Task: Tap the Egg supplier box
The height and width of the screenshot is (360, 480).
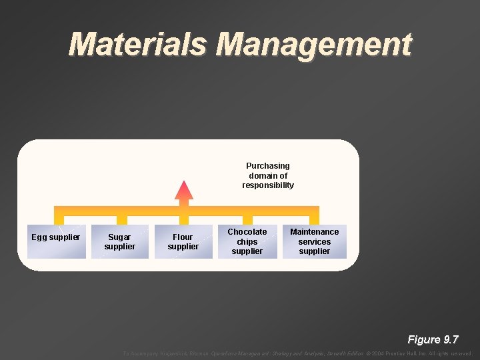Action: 56,241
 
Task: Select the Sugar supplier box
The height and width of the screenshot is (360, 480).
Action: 120,241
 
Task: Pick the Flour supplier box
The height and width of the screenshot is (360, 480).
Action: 183,241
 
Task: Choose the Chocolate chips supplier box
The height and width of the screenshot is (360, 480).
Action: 247,241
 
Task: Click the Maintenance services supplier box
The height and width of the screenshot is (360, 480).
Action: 314,241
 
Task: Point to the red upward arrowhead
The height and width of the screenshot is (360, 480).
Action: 184,190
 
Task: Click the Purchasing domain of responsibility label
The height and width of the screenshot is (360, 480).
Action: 268,175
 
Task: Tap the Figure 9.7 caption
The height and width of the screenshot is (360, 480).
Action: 433,339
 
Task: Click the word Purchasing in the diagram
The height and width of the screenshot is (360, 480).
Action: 268,166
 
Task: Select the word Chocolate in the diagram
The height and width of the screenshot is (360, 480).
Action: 247,232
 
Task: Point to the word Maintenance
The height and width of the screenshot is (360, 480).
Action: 314,232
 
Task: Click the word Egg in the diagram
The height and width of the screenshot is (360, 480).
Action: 39,237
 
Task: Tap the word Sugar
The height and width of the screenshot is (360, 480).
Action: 119,237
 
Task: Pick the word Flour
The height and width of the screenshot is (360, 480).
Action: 183,237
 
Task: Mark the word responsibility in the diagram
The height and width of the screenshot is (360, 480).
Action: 268,185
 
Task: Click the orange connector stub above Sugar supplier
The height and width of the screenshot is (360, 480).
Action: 121,220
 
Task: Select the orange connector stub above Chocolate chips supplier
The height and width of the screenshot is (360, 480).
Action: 247,219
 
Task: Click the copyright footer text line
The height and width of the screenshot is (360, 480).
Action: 297,353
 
